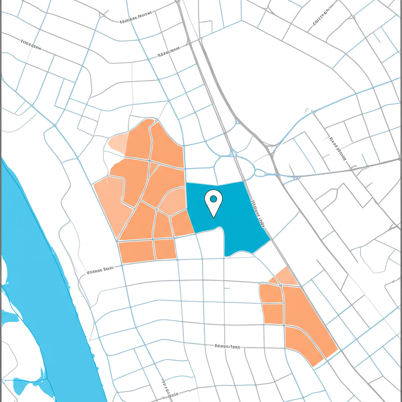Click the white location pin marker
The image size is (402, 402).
(x=214, y=201)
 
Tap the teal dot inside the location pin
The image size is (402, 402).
(x=214, y=199)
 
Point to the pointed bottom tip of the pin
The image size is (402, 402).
(x=214, y=217)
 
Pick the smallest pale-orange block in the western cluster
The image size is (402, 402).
(x=119, y=143)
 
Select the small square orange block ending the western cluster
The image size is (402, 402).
(x=165, y=249)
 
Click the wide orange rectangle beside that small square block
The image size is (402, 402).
(x=137, y=251)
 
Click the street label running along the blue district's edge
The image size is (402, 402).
(x=258, y=214)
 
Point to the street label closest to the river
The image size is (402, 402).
(x=100, y=270)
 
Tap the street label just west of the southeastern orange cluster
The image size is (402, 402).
(x=227, y=347)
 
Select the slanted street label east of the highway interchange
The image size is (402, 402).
(x=338, y=149)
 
